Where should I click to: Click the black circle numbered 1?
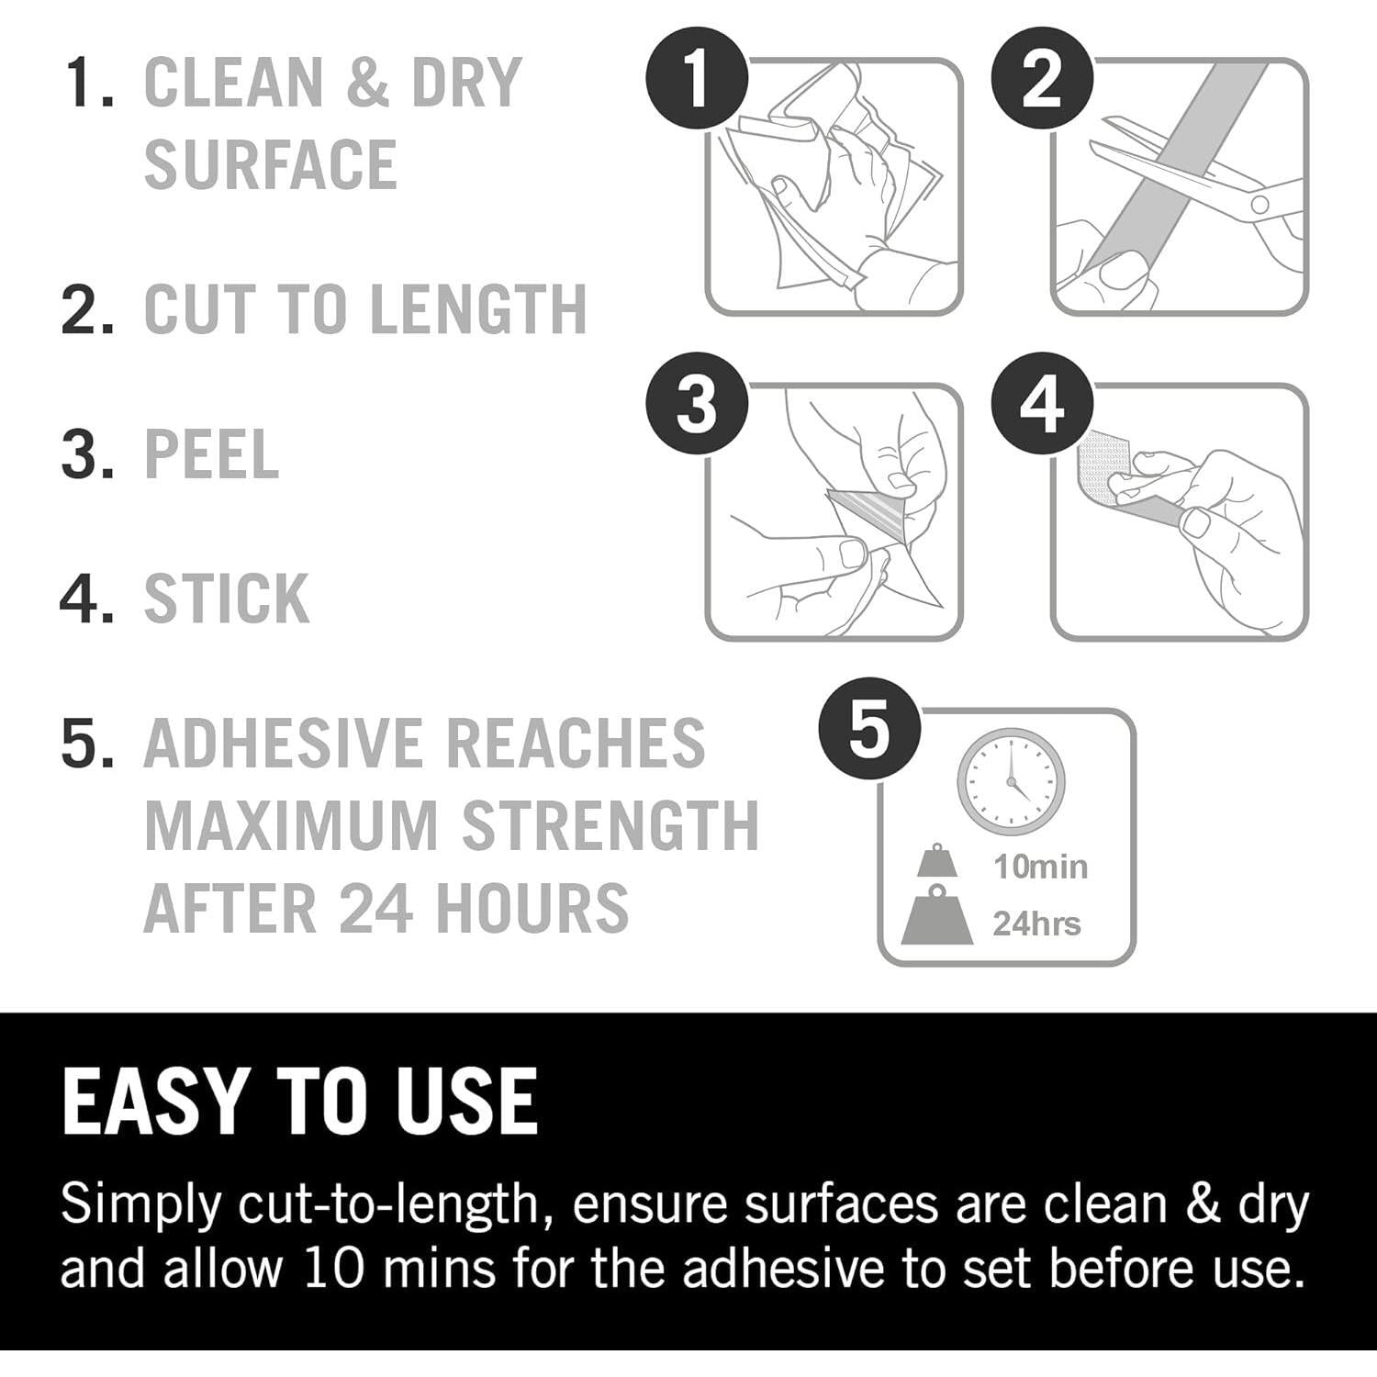coord(698,80)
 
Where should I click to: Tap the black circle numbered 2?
coord(1042,80)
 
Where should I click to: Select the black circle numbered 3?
coord(698,405)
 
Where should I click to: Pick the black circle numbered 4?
coord(1042,405)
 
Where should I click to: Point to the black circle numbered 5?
coord(869,731)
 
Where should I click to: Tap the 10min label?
coord(1040,867)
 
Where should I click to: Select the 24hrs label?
coord(1036,924)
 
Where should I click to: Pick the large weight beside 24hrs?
coord(936,914)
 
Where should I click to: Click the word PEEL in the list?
coord(211,453)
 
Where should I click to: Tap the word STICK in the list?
coord(227,599)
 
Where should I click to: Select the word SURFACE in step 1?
coord(271,164)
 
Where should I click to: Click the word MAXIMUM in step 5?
coord(291,825)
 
